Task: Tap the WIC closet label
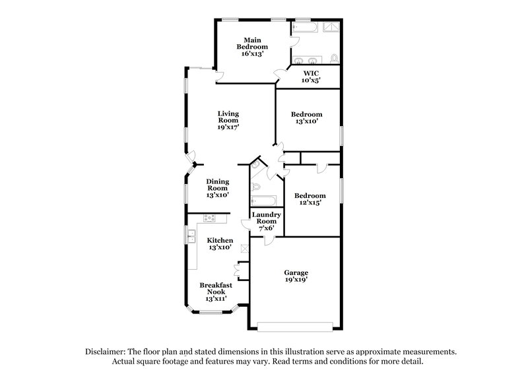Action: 311,77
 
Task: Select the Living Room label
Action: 228,120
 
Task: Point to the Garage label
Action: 296,276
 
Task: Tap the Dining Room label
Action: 217,188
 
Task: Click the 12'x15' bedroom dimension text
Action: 310,203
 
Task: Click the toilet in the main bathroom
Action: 335,59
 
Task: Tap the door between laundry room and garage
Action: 268,240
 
